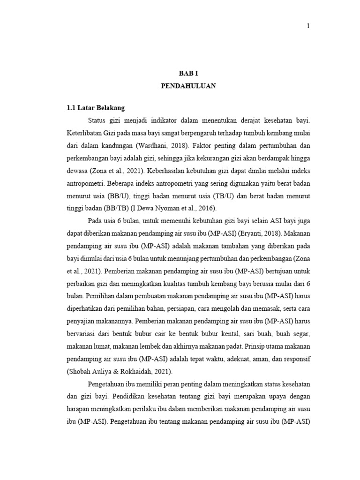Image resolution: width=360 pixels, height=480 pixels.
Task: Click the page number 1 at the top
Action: click(308, 26)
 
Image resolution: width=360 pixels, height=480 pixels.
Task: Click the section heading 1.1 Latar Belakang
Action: click(96, 108)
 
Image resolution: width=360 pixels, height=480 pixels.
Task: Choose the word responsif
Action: click(295, 359)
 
